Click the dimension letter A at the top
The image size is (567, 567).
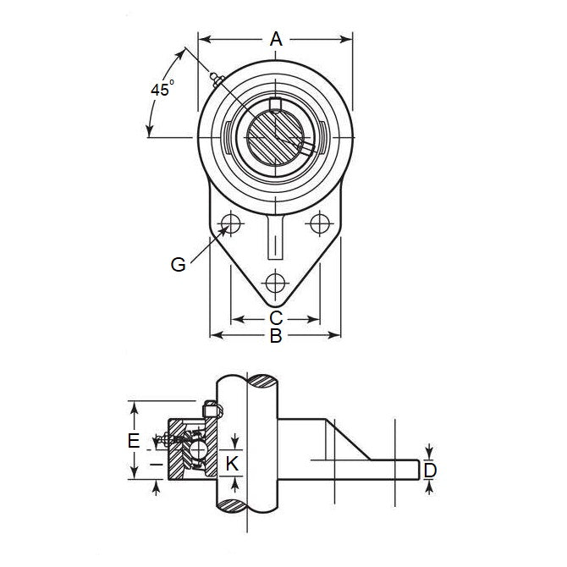tap(275, 38)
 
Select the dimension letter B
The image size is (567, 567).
tap(275, 337)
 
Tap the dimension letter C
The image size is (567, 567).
tap(275, 318)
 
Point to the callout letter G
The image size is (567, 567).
tap(178, 264)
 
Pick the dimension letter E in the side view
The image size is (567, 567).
tap(132, 441)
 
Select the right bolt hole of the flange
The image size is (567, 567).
tap(319, 223)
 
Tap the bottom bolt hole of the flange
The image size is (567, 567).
tap(275, 283)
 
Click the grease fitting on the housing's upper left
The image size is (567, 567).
tap(214, 81)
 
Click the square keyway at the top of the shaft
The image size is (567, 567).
tap(275, 104)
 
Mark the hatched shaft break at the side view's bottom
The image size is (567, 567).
tap(245, 505)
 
